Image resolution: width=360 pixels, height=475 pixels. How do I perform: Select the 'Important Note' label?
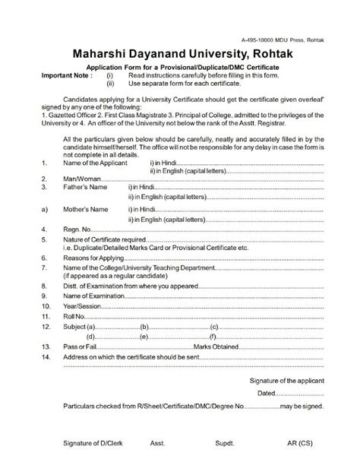(68, 77)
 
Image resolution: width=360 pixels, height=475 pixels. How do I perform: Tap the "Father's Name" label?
(86, 185)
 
